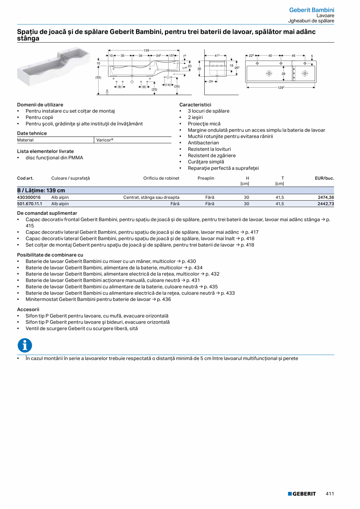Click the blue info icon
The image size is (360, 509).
tap(25, 345)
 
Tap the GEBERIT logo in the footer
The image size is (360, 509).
tap(302, 494)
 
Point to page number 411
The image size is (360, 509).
tap(330, 494)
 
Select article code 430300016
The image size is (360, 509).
tap(29, 198)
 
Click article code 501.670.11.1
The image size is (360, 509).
tap(30, 204)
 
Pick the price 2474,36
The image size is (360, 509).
tap(326, 198)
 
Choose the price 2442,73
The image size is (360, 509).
tap(326, 204)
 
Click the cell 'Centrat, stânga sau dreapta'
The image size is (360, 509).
tap(151, 198)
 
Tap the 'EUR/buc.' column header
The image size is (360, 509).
tap(324, 178)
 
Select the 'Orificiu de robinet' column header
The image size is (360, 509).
tap(161, 178)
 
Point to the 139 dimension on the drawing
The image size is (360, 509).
tap(147, 50)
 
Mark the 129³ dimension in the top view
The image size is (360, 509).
tap(281, 88)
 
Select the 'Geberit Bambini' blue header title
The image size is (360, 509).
tap(311, 10)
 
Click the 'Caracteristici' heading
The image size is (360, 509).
tap(195, 105)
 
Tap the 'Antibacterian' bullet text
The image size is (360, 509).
tap(203, 143)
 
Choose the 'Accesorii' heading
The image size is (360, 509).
tap(28, 309)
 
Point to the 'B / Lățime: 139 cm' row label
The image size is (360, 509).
tap(41, 191)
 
